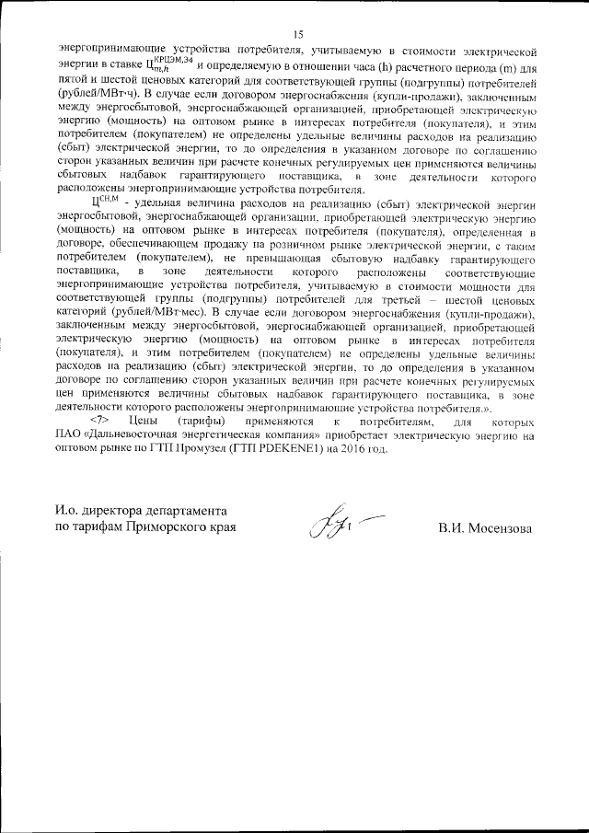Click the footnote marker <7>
click(x=100, y=421)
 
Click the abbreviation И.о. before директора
click(x=69, y=512)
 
